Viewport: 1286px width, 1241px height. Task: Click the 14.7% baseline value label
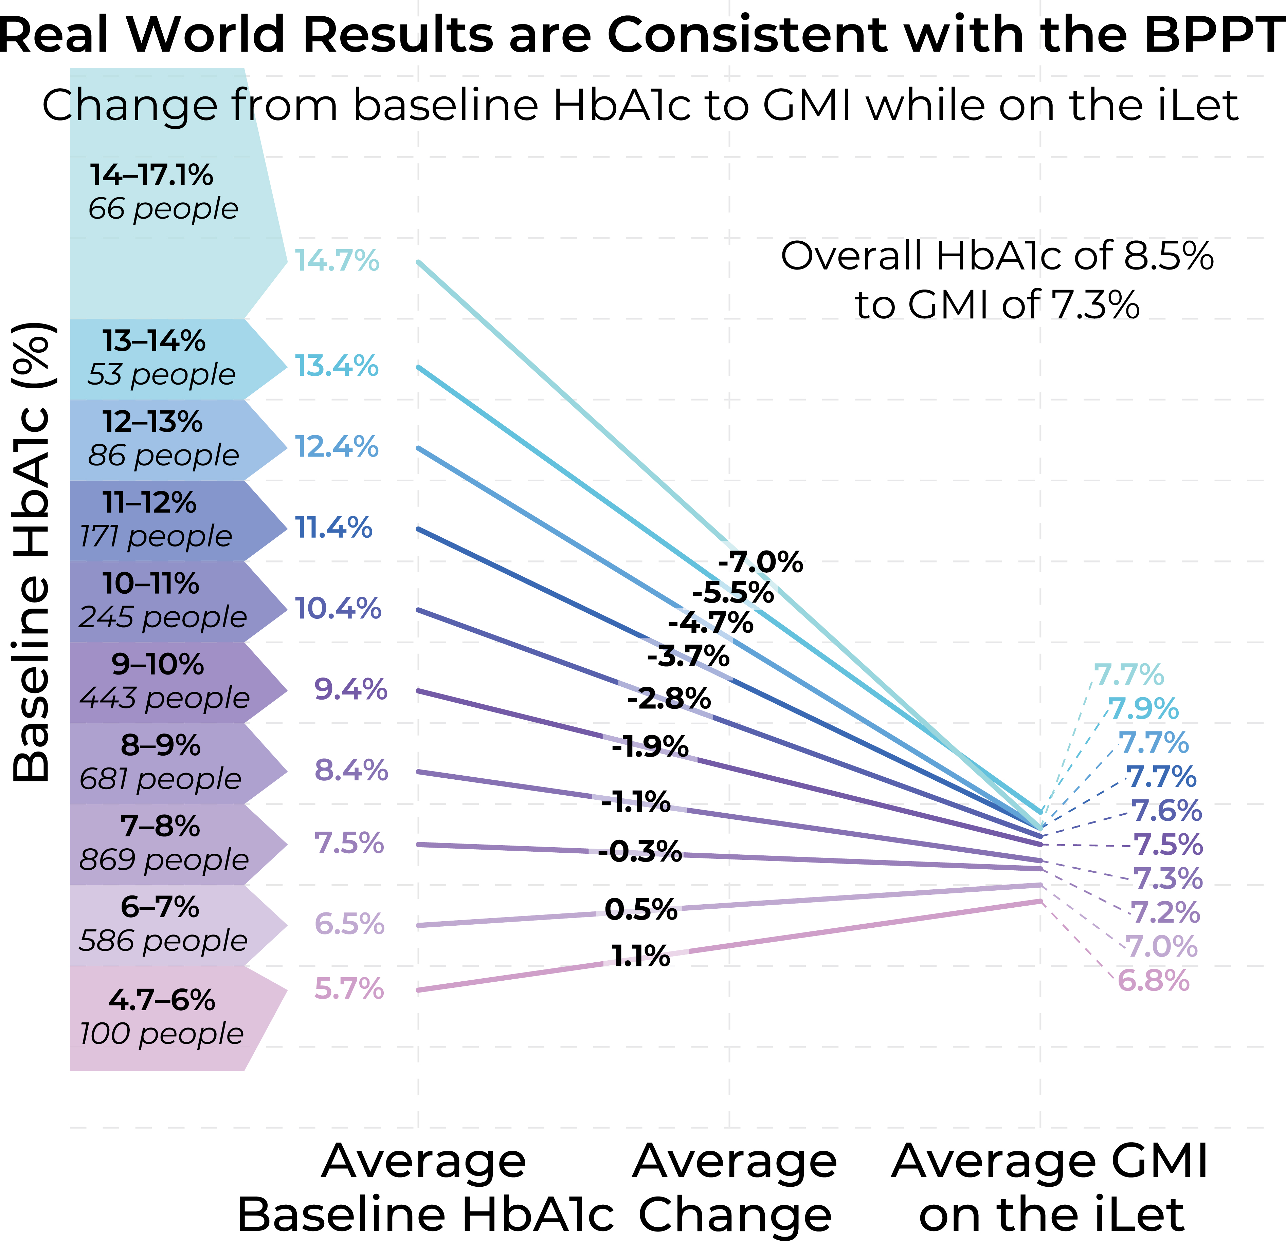tap(337, 261)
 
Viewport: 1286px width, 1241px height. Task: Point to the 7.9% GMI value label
tap(1144, 709)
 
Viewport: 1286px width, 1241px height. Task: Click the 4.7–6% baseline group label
tap(161, 1000)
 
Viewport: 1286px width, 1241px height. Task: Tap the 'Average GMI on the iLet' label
tap(1050, 1187)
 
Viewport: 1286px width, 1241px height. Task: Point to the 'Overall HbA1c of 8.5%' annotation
tap(997, 256)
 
